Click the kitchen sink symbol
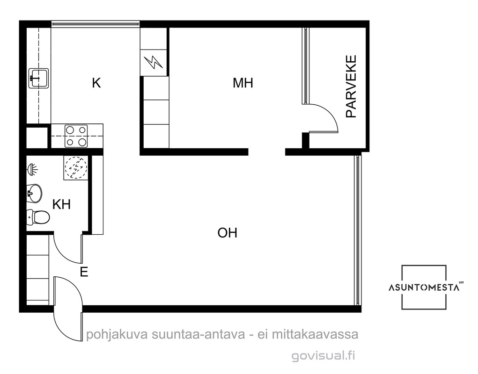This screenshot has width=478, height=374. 39,78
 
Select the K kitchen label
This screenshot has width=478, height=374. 96,83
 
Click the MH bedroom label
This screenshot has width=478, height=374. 243,83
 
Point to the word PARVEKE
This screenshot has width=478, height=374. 351,86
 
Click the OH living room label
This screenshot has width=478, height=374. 228,233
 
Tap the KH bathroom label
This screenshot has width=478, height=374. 62,204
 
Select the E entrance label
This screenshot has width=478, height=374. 84,272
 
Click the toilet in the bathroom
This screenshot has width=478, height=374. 38,217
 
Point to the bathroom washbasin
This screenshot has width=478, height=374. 34,193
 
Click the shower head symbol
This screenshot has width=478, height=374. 32,170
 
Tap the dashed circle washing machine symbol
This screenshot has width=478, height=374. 76,167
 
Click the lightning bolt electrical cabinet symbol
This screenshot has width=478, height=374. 154,62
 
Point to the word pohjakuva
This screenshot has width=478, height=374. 116,335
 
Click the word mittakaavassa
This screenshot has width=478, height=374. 315,334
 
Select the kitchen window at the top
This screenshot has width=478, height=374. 96,23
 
